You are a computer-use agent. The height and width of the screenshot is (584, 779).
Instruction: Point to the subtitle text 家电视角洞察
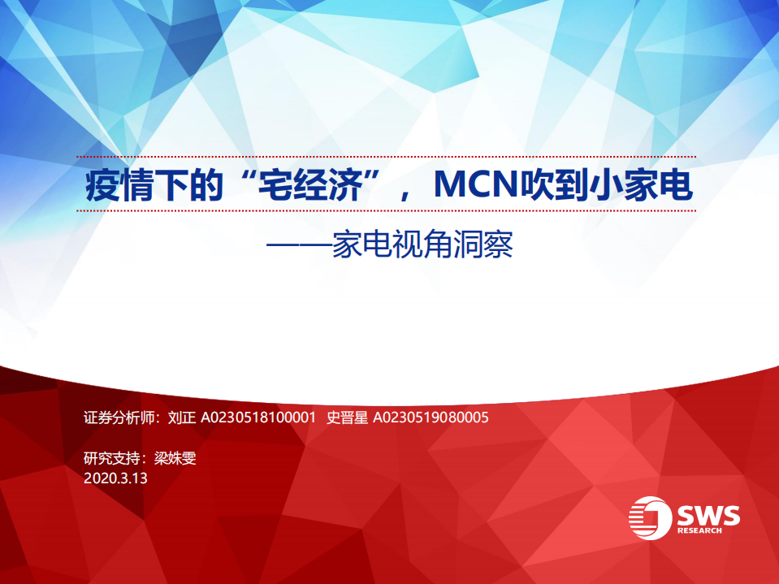422,244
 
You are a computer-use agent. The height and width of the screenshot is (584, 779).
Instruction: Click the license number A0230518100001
258,418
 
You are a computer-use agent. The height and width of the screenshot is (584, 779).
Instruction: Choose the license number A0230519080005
430,418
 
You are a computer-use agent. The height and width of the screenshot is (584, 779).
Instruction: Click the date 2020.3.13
115,478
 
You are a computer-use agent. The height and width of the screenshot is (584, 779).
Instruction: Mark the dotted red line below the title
386,210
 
